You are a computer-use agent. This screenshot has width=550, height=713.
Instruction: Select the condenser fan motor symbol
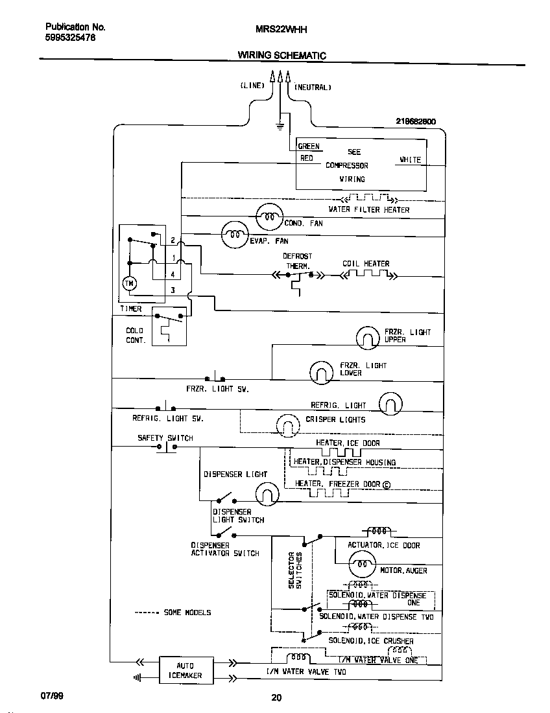pyautogui.click(x=269, y=216)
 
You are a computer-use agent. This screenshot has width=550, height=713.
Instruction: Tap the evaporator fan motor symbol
pyautogui.click(x=235, y=235)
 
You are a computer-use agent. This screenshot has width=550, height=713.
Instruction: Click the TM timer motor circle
pyautogui.click(x=128, y=283)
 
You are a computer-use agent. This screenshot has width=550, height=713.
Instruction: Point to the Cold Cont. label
pyautogui.click(x=135, y=335)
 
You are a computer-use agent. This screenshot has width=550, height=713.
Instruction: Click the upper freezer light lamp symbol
pyautogui.click(x=368, y=337)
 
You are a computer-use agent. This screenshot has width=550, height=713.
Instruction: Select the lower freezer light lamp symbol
pyautogui.click(x=320, y=371)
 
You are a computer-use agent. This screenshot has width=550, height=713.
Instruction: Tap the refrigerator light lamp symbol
pyautogui.click(x=390, y=403)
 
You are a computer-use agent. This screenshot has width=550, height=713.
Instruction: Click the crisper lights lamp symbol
pyautogui.click(x=287, y=425)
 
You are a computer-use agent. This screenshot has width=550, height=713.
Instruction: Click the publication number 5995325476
pyautogui.click(x=71, y=38)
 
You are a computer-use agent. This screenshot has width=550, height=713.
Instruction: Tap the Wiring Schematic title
pyautogui.click(x=281, y=56)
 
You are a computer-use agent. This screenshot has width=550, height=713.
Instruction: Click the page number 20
pyautogui.click(x=276, y=698)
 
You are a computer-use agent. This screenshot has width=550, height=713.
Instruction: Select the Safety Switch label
pyautogui.click(x=165, y=438)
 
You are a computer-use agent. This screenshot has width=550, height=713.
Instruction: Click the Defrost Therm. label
pyautogui.click(x=297, y=261)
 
